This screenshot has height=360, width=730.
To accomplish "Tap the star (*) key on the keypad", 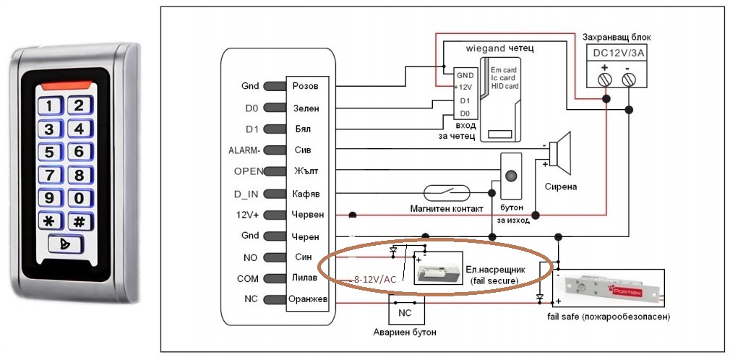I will point(49,222).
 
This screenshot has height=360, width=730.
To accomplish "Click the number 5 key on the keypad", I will point(49,152).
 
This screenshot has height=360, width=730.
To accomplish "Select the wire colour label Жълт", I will point(306,171).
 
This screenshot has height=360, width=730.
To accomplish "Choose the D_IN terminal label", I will point(246,193).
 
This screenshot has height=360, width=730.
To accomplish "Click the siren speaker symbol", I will point(559,153).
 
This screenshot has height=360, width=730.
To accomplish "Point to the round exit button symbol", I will point(512,176).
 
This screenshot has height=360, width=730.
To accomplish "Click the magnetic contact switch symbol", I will point(448,193).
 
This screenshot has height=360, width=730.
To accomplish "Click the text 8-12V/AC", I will point(374,279).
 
